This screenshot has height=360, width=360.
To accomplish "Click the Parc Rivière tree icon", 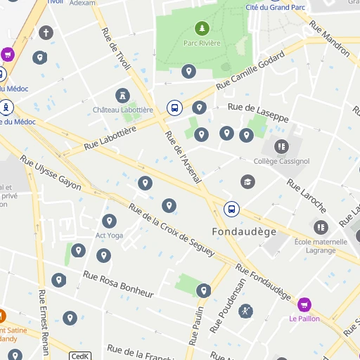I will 202,28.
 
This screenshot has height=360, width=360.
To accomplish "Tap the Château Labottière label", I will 123,110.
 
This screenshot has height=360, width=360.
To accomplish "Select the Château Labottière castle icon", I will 123,95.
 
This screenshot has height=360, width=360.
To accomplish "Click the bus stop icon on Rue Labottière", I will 173,108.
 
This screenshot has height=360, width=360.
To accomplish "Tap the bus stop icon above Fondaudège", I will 231,209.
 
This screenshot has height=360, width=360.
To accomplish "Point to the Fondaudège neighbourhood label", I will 244,231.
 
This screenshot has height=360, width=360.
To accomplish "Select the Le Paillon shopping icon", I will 304,304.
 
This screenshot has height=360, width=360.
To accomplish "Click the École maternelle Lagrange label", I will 321,246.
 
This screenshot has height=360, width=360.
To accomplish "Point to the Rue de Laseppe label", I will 258,112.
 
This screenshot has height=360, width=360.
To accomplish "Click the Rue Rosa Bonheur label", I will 118,283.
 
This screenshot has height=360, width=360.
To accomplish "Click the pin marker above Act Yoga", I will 109,221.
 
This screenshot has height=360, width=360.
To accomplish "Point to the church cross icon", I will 46,32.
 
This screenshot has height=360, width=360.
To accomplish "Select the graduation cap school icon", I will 247,181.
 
